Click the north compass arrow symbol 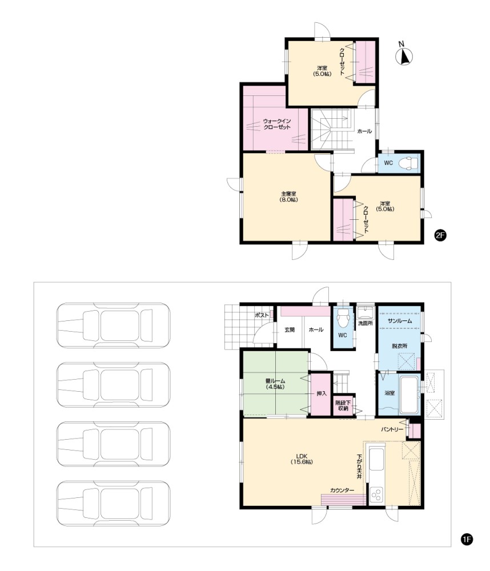click(404, 57)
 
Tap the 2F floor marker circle click(440, 235)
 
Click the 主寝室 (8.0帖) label click(288, 196)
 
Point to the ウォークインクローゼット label click(277, 124)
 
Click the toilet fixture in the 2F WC click(409, 163)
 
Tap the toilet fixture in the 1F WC click(343, 318)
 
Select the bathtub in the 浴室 click(409, 395)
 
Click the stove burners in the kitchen click(376, 495)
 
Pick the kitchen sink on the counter click(377, 460)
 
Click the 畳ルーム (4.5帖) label click(275, 384)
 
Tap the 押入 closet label click(322, 393)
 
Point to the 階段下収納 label click(343, 405)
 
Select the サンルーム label click(400, 321)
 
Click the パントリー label click(392, 429)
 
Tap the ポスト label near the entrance click(262, 315)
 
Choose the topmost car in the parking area click(113, 325)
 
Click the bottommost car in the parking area click(113, 504)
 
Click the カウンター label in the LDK click(342, 490)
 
